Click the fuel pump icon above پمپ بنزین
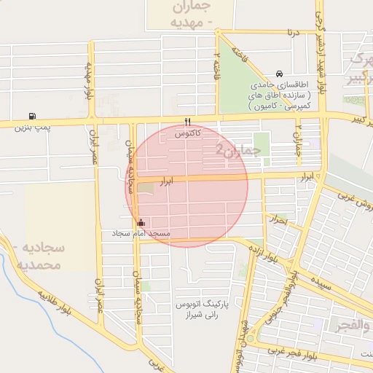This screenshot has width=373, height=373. click(x=31, y=115)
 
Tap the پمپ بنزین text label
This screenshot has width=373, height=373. click(x=33, y=127)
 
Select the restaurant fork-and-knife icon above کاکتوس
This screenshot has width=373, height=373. click(x=188, y=122)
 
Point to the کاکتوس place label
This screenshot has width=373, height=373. click(x=188, y=135)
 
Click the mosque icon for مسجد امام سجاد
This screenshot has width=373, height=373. click(x=140, y=222)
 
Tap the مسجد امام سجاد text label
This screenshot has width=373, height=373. click(x=141, y=234)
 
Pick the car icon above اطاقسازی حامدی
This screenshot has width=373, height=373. click(x=280, y=74)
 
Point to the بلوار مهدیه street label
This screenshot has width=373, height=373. click(x=89, y=80)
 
